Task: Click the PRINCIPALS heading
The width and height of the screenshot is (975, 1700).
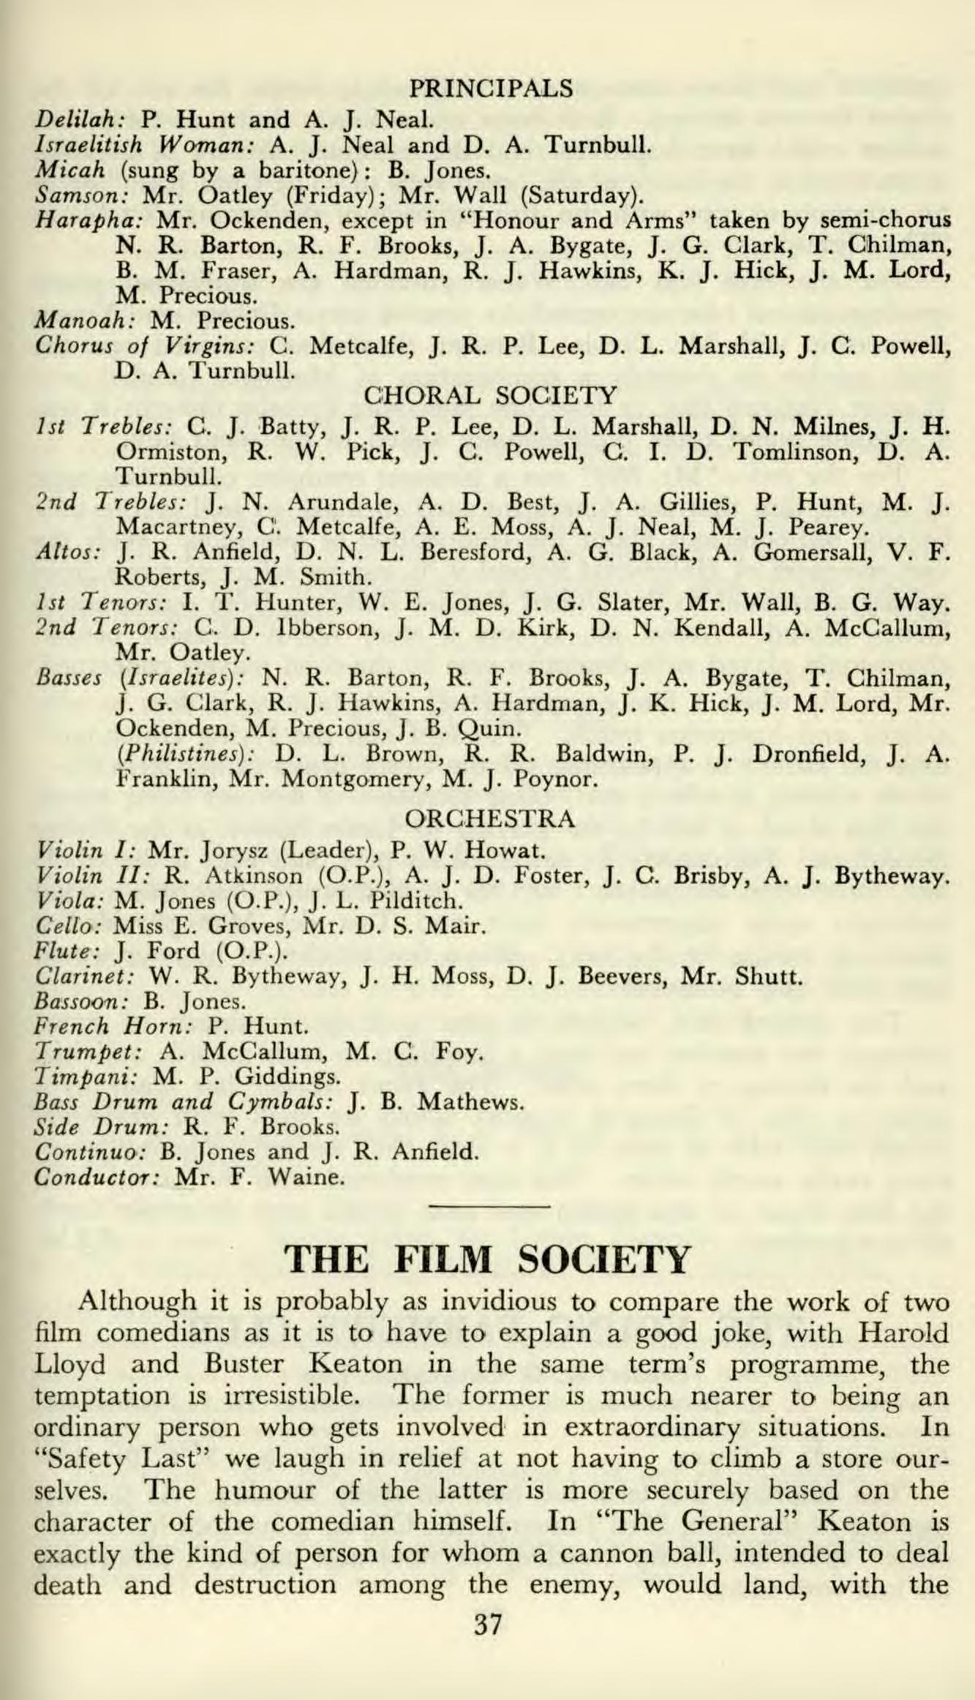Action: (489, 89)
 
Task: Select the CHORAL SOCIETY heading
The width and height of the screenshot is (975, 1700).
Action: (490, 396)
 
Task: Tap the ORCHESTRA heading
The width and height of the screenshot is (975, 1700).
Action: (489, 818)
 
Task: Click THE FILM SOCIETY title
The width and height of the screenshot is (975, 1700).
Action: (488, 1259)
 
